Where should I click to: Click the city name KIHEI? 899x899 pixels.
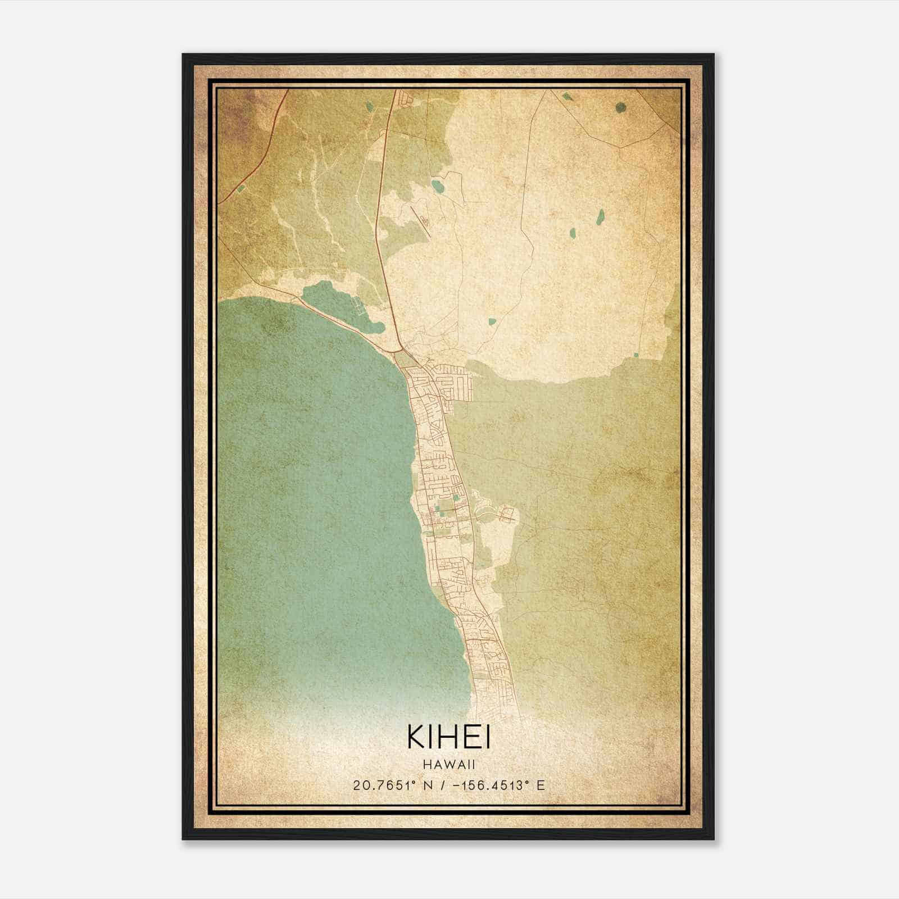point(449,738)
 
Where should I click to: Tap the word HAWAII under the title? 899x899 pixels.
point(449,765)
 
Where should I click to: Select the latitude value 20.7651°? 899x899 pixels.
point(387,786)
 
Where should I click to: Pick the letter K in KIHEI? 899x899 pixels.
point(416,738)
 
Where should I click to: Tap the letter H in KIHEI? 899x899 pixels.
point(449,738)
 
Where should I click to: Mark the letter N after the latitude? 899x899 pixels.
point(430,786)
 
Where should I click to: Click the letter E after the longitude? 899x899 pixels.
point(541,786)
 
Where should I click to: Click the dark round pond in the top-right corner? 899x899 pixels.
point(620,107)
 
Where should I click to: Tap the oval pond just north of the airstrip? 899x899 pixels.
point(437,184)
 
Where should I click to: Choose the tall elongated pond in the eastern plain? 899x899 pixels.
point(600,215)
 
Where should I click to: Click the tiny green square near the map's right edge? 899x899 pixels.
point(636,355)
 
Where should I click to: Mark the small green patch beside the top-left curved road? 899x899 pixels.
point(241,189)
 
